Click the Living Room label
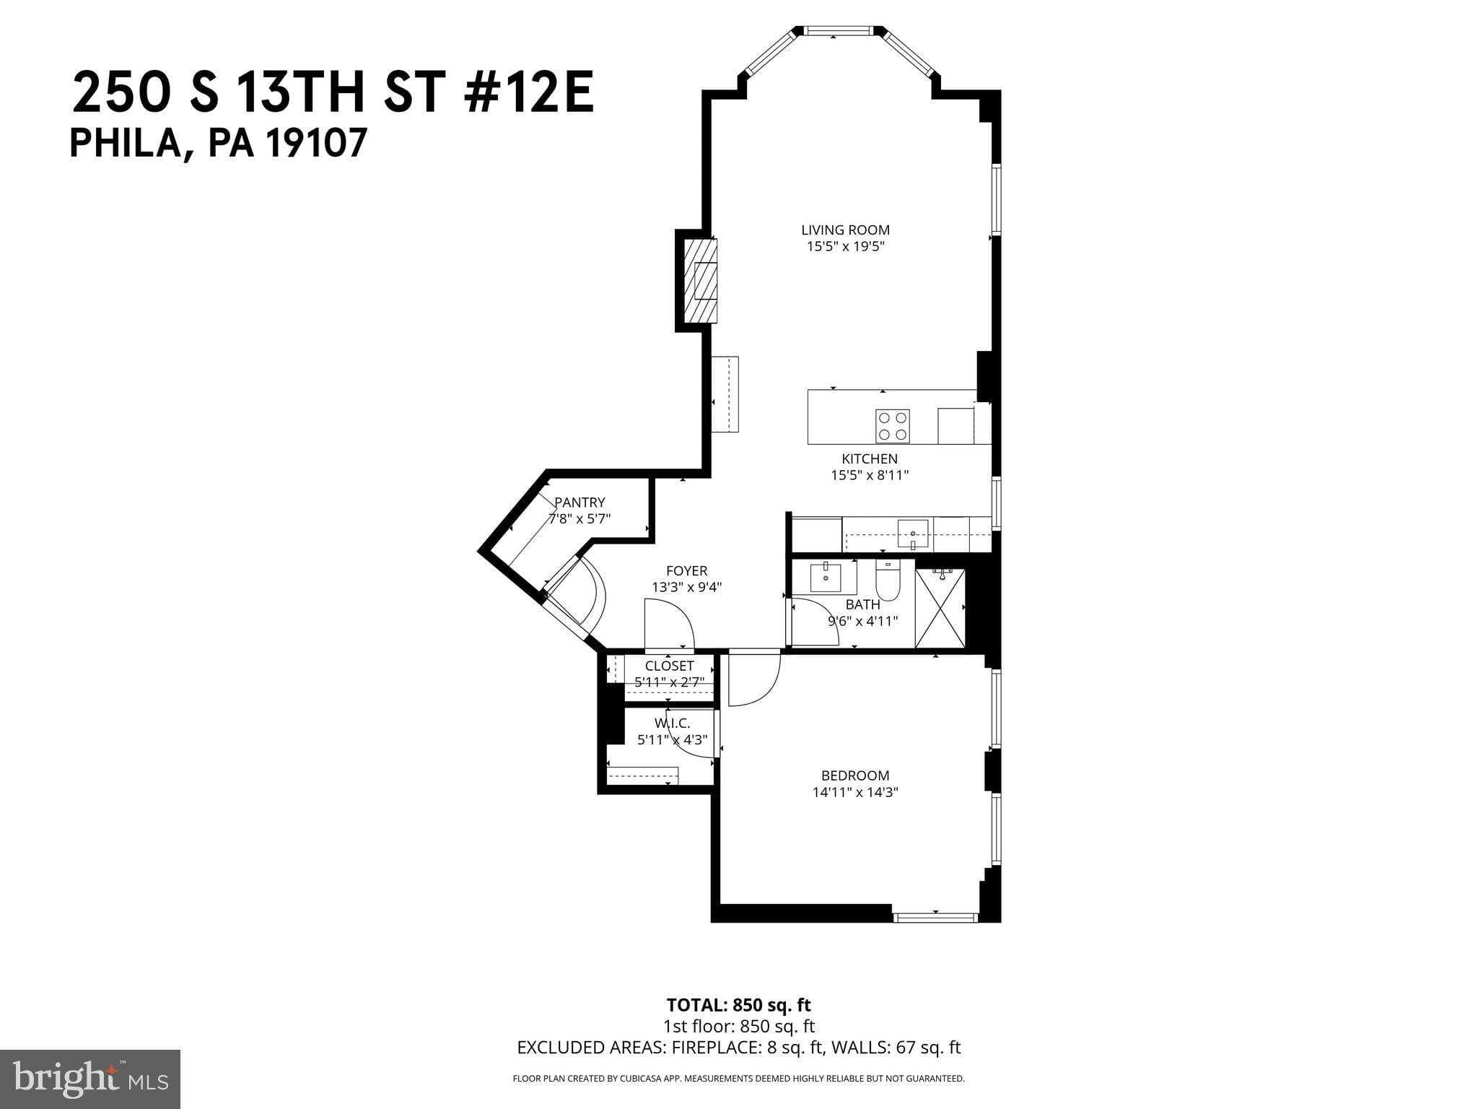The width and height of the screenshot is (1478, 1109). click(845, 230)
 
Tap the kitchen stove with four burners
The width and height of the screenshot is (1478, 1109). click(892, 426)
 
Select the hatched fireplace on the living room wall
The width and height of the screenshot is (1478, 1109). click(701, 281)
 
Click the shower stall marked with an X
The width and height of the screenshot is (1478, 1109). click(940, 608)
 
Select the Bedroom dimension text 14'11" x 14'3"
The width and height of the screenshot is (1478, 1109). click(855, 792)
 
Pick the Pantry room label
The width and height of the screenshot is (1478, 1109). click(580, 503)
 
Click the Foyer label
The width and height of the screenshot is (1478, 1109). click(686, 571)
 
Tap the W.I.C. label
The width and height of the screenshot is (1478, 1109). click(673, 723)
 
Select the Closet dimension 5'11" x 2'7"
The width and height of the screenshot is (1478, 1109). click(669, 682)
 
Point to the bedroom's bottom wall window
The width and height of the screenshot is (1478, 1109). click(935, 918)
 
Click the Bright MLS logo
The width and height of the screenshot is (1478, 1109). click(90, 1079)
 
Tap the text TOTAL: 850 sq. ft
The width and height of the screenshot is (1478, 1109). click(738, 1005)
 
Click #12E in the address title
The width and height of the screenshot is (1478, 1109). click(530, 95)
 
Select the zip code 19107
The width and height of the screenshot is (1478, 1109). click(318, 144)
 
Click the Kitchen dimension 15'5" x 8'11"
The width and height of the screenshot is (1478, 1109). click(870, 475)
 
